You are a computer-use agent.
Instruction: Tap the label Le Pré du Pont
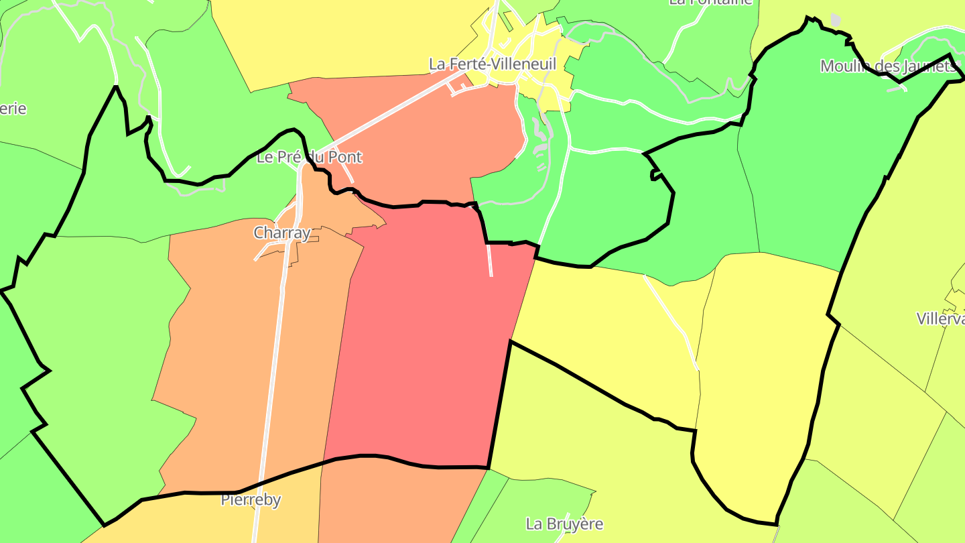click(310, 158)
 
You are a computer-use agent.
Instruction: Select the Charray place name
click(282, 233)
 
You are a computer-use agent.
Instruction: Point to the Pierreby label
click(251, 500)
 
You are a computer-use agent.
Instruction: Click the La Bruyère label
click(564, 524)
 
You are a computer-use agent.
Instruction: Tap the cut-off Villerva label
click(941, 319)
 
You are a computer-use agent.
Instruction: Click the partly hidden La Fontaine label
click(714, 2)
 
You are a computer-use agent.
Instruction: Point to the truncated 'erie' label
click(13, 109)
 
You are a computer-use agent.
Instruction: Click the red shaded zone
click(422, 335)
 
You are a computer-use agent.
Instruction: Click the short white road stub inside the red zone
click(490, 260)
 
